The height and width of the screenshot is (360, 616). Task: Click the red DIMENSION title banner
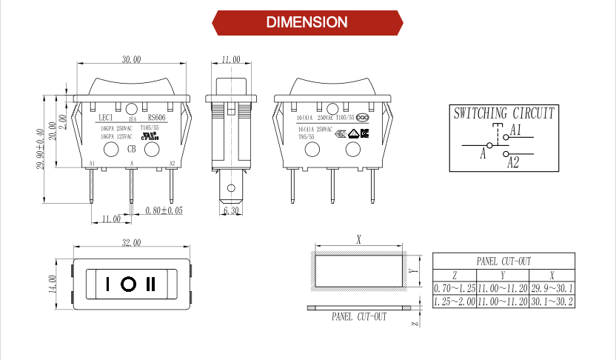click(x=307, y=22)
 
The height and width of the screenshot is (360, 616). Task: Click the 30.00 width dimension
click(x=131, y=59)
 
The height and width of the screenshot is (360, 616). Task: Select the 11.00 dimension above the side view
click(x=230, y=59)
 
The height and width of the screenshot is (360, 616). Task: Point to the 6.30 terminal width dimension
click(x=230, y=211)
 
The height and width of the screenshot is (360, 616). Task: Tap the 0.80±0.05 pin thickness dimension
click(x=164, y=210)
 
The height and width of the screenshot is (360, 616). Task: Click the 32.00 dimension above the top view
click(x=131, y=243)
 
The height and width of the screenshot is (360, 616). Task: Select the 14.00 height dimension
click(x=53, y=284)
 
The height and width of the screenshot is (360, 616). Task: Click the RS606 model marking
click(x=156, y=117)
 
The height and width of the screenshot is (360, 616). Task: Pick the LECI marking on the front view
click(x=106, y=117)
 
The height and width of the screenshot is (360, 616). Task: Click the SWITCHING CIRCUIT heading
click(x=503, y=114)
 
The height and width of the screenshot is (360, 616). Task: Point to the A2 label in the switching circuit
click(x=513, y=162)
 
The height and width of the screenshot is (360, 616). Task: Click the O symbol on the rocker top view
click(x=129, y=284)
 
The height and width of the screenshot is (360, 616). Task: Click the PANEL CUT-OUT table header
click(x=503, y=261)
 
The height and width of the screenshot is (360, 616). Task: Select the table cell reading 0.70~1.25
click(x=454, y=287)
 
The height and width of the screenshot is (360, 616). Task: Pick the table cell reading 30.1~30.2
click(x=552, y=301)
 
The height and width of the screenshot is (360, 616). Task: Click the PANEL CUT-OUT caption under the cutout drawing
click(x=358, y=316)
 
